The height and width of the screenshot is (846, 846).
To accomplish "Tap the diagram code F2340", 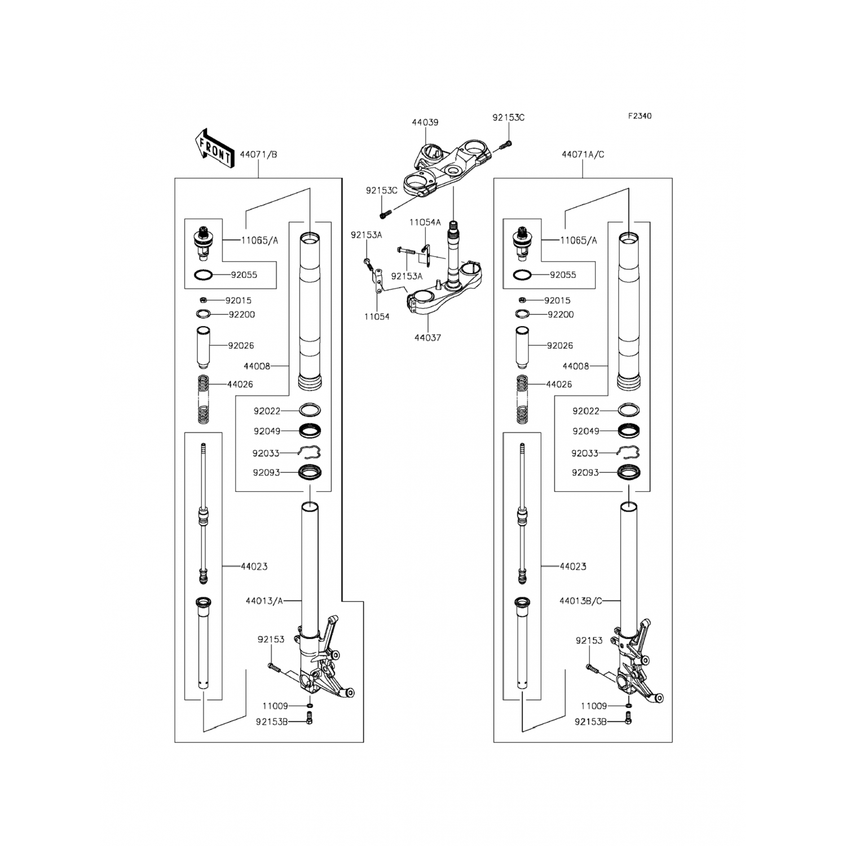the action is tap(640, 116).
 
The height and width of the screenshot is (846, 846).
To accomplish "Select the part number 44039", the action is tap(425, 122).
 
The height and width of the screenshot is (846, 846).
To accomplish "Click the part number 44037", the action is tap(428, 337).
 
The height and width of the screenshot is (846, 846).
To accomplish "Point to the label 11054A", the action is tap(425, 222).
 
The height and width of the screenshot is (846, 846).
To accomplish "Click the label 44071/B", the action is tap(258, 154).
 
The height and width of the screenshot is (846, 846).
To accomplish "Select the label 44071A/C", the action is tap(583, 154).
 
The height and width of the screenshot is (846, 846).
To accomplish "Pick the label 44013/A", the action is tap(264, 601).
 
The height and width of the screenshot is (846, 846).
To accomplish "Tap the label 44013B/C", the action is tap(581, 601).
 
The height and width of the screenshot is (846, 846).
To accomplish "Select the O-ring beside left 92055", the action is tap(203, 275).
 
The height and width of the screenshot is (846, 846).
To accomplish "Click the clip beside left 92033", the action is tap(310, 452).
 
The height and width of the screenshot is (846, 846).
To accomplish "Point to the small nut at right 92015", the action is tap(523, 300).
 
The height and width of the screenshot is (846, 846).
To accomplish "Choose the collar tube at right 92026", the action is tap(522, 347).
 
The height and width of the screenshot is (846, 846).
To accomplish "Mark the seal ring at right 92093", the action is tap(628, 473).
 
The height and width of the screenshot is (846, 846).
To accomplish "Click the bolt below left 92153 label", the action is tap(274, 668).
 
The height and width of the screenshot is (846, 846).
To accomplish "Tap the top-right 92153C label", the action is tap(508, 117).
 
